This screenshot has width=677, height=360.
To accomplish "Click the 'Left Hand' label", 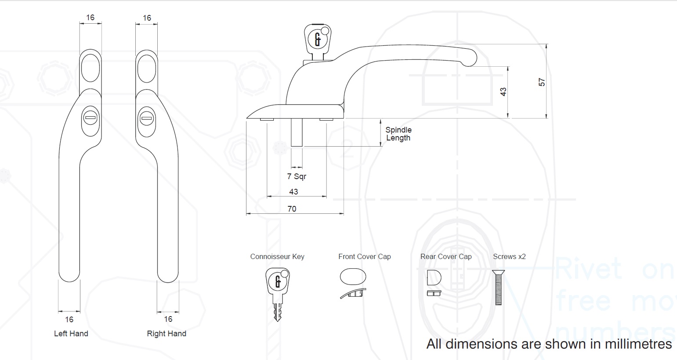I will (71, 334).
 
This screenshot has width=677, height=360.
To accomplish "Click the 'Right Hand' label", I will (167, 334).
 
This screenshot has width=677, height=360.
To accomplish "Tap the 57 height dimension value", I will (542, 82).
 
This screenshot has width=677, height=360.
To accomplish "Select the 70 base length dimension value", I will (292, 209).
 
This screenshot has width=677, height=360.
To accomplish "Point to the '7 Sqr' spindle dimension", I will (297, 176).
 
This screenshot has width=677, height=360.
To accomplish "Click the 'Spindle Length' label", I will (398, 134).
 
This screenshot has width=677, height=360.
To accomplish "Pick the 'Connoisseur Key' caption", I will (277, 257).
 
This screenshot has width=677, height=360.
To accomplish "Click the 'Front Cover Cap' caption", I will (365, 257).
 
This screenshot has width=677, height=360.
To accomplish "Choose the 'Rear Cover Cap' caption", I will (446, 257).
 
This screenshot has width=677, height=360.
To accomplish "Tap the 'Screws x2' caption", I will (509, 257).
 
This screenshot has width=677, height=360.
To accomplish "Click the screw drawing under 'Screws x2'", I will (499, 288).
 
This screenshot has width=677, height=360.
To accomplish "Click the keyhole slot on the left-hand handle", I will (90, 118).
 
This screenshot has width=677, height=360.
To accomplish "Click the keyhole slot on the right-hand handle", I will (146, 118).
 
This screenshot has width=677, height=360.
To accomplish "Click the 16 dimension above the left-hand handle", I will (90, 18).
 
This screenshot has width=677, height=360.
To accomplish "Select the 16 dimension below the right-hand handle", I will (168, 320).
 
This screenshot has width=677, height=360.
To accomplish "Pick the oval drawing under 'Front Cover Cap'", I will (353, 277).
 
